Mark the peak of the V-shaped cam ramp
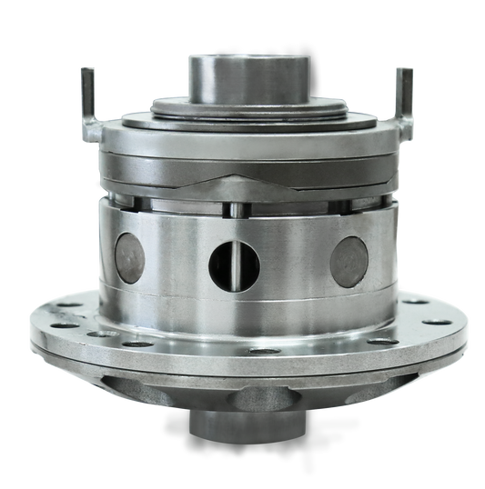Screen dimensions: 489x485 click(x=241, y=174)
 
